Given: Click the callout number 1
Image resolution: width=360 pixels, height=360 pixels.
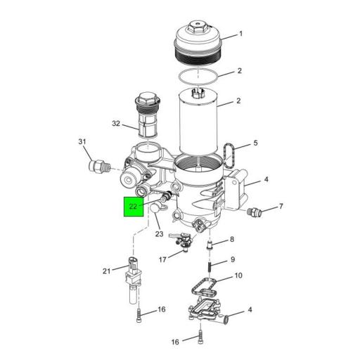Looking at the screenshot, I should point(240,34).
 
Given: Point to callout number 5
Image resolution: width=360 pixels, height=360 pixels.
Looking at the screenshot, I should point(256,143).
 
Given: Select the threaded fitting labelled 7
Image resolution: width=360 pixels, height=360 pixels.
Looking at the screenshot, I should point(255,210).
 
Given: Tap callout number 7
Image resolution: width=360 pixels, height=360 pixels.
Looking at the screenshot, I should point(281,207).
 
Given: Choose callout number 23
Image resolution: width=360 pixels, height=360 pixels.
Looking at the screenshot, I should point(159,233).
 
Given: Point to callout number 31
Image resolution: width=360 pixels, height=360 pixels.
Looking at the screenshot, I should point(82,143).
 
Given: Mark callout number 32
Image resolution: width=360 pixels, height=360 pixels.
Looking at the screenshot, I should point(117,124).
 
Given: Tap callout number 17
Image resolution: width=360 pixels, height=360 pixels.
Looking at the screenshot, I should point(162,259).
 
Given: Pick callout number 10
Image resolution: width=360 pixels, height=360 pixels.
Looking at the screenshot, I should point(238,276).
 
